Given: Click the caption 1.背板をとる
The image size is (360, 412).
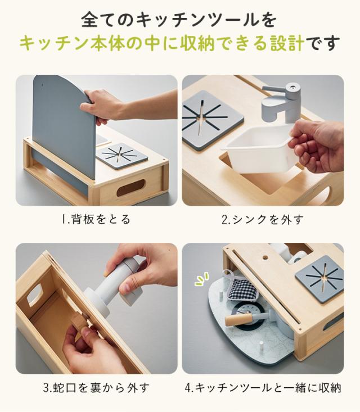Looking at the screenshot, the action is [x=96, y=219].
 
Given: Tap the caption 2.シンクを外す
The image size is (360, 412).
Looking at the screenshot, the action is [x=263, y=219].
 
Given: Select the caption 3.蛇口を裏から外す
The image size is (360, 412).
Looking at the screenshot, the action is [x=96, y=388].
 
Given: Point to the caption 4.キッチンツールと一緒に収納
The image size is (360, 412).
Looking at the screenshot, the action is [x=263, y=388].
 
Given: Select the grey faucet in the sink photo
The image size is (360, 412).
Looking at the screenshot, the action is [x=281, y=102].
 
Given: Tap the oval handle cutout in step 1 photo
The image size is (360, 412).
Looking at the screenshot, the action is [x=130, y=187].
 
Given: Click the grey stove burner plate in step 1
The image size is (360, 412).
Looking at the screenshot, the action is [x=121, y=156].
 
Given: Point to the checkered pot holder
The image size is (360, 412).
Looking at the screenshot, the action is [x=242, y=288].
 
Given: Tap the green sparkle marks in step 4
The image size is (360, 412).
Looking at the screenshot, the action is [x=202, y=279].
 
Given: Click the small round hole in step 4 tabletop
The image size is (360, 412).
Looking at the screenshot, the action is [x=265, y=257].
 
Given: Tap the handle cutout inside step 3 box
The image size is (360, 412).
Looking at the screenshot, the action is [x=35, y=295].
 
